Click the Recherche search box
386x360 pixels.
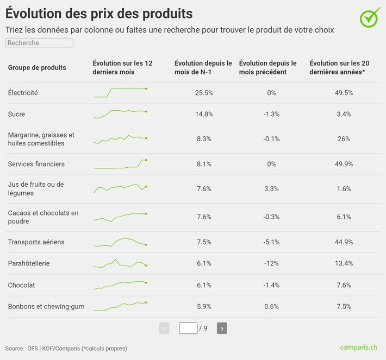(x=39, y=43)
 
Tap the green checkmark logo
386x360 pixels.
(x=370, y=17)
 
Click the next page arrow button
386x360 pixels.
(x=222, y=328)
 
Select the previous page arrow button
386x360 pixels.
(x=164, y=328)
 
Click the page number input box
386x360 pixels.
(x=188, y=328)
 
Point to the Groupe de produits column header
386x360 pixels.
(x=37, y=68)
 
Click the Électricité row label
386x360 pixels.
(x=23, y=93)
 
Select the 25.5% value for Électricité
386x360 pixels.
(x=204, y=93)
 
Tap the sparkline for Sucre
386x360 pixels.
(x=120, y=113)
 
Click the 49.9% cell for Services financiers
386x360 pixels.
(x=344, y=164)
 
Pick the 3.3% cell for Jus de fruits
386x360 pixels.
(x=271, y=189)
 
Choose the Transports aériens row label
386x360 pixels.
(x=36, y=242)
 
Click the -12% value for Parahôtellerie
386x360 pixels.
(x=271, y=263)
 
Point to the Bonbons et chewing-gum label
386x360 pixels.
(x=46, y=307)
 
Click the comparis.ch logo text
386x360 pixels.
(x=358, y=348)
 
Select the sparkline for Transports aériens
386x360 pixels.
(x=120, y=242)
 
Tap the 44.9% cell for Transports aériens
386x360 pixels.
(x=344, y=242)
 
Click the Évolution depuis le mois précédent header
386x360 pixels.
(x=267, y=68)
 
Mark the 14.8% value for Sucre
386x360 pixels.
(x=204, y=114)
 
